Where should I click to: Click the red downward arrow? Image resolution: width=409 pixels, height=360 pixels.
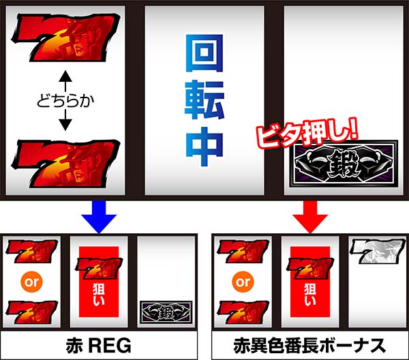tap(310, 216)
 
